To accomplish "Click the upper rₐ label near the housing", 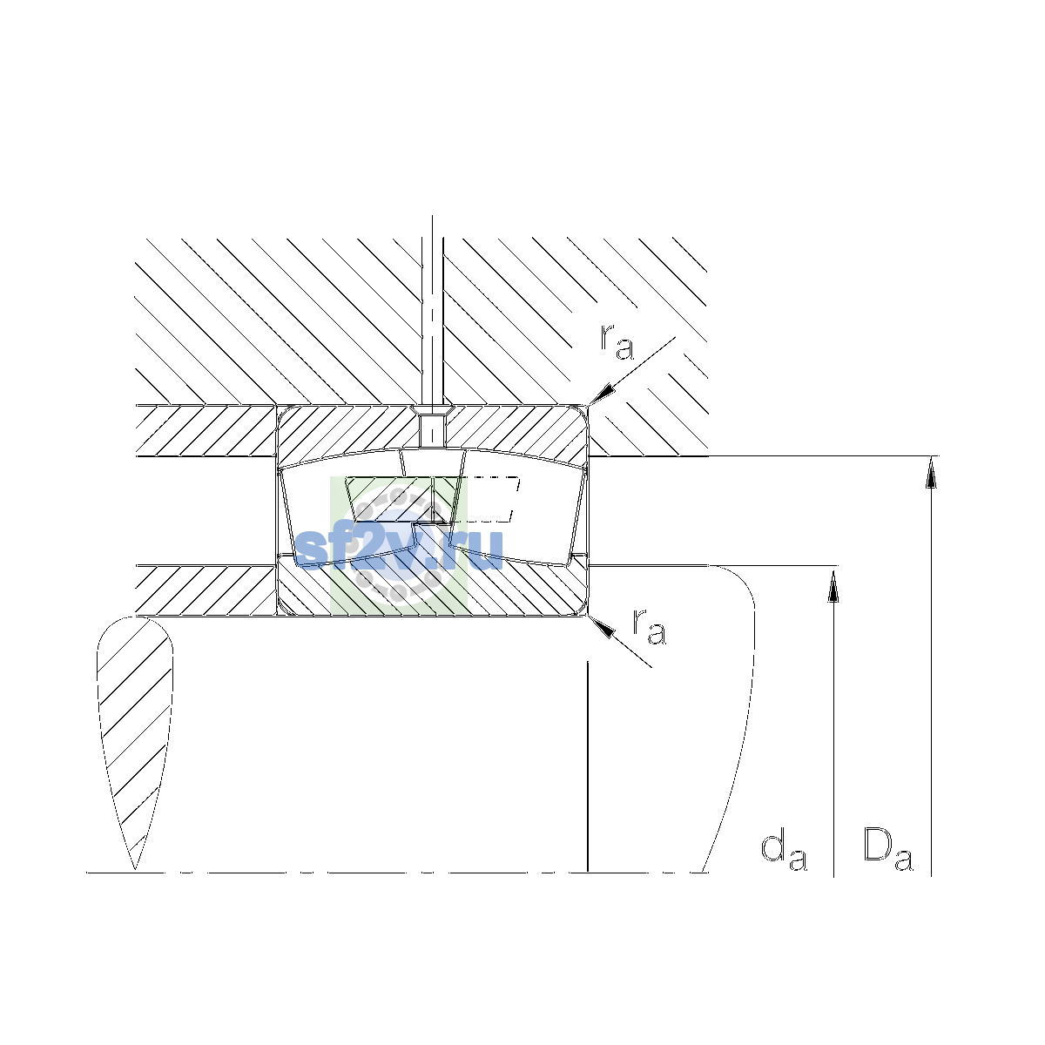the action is pos(617,342).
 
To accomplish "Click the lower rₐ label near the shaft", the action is pos(649,627).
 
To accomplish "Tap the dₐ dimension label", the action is pos(784,853).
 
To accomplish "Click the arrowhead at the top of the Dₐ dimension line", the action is pos(931,472).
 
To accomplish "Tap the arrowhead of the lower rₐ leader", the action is pos(602,627).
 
